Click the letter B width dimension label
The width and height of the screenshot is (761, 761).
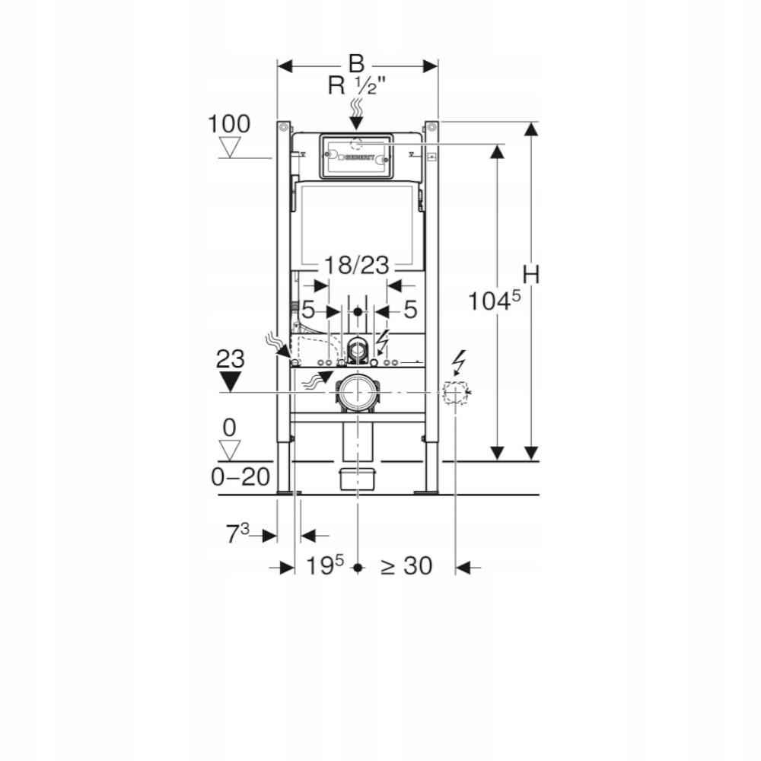pyautogui.click(x=357, y=64)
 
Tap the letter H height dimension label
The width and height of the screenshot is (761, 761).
pyautogui.click(x=530, y=275)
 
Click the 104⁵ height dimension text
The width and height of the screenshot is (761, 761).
pyautogui.click(x=494, y=301)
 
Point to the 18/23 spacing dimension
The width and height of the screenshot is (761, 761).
pyautogui.click(x=356, y=266)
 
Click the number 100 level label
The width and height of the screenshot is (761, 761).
pyautogui.click(x=229, y=123)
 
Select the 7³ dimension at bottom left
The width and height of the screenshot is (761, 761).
pyautogui.click(x=237, y=534)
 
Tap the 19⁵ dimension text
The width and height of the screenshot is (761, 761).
pyautogui.click(x=325, y=565)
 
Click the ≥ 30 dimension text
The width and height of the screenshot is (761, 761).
pyautogui.click(x=406, y=565)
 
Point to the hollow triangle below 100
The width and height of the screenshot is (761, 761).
pyautogui.click(x=229, y=146)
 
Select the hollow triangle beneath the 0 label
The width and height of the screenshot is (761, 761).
pyautogui.click(x=229, y=448)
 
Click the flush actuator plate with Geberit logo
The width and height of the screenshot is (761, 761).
pyautogui.click(x=356, y=156)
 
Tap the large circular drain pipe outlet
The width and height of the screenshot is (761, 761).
pyautogui.click(x=356, y=393)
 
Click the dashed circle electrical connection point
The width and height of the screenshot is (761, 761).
pyautogui.click(x=455, y=393)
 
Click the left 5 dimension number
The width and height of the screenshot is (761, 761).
pyautogui.click(x=308, y=310)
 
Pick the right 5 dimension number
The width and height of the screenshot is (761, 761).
pyautogui.click(x=409, y=310)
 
